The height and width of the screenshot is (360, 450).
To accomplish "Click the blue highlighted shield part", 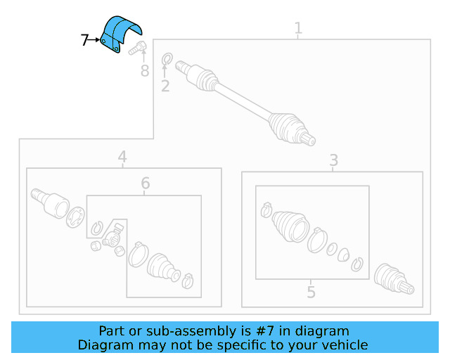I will [x=120, y=34].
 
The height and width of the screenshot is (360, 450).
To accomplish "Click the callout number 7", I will [x=84, y=41].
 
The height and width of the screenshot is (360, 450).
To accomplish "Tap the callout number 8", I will [x=145, y=70].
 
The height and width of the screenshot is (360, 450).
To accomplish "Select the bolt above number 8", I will [x=136, y=48].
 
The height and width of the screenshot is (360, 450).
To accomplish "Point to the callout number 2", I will [x=165, y=86].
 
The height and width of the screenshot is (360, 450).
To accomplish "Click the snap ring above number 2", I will [x=167, y=59].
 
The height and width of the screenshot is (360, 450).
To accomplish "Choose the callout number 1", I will [x=298, y=29].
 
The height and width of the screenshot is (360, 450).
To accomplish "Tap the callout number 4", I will [x=122, y=156].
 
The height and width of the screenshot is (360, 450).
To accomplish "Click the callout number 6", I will [x=145, y=184].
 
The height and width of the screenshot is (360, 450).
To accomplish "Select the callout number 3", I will [x=334, y=160].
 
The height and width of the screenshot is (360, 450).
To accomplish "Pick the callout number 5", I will [x=311, y=291].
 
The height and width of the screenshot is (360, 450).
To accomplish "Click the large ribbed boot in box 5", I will [x=290, y=225].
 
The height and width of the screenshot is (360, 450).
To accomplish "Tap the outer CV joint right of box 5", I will [x=394, y=278].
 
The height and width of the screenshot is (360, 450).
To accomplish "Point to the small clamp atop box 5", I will [x=266, y=209].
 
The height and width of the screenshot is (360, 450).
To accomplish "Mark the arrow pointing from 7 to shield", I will [x=96, y=41].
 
